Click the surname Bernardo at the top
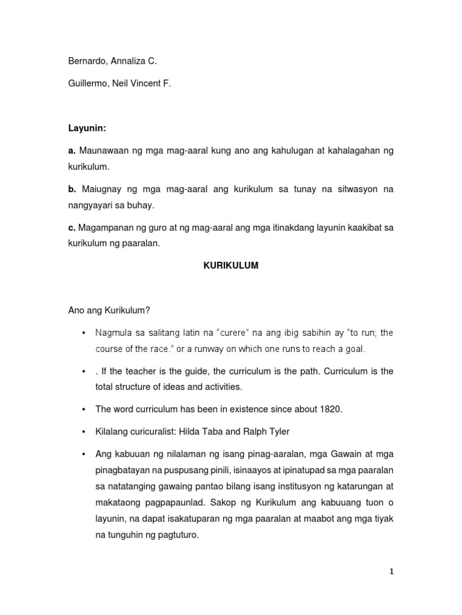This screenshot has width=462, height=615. tap(87, 61)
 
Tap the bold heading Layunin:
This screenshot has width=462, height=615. tap(84, 128)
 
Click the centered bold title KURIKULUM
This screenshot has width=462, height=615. tap(230, 265)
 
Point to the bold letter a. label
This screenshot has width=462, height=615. tap(71, 150)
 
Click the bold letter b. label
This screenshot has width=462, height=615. tap(72, 189)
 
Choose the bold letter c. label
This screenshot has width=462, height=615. tap(71, 228)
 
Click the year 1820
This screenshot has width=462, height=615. tap(331, 409)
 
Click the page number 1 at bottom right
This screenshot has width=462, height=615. tap(391, 572)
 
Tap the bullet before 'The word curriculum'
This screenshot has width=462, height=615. tap(82, 409)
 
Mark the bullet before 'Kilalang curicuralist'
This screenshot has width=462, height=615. tap(82, 431)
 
